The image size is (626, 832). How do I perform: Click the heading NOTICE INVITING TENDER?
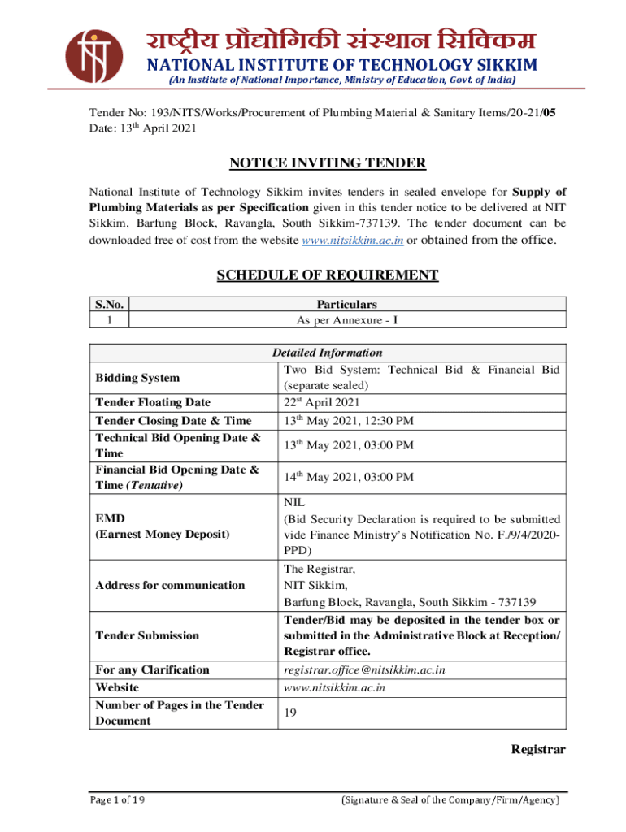click(327, 163)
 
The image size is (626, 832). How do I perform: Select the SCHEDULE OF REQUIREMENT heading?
click(327, 275)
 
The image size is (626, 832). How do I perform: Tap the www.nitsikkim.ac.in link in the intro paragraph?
click(353, 240)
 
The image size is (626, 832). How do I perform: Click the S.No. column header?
click(109, 304)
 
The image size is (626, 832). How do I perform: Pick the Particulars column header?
click(347, 304)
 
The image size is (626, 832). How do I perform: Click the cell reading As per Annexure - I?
click(347, 320)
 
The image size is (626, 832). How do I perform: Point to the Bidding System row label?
click(137, 378)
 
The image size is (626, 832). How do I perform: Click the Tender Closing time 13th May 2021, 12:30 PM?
click(348, 421)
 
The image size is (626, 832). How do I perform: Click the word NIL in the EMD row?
click(293, 503)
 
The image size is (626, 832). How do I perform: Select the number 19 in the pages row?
click(290, 713)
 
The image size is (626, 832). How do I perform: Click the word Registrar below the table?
click(537, 749)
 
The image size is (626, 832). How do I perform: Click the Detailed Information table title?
click(327, 353)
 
